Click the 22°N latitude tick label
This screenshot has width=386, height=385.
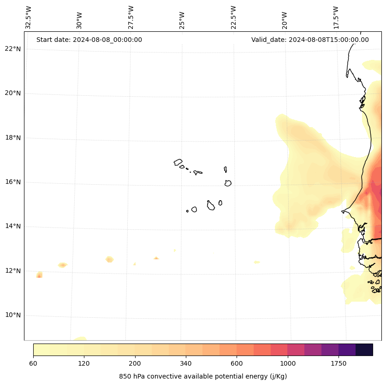[12, 49]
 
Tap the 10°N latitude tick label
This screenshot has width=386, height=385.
[12, 315]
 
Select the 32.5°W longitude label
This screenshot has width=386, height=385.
[29, 17]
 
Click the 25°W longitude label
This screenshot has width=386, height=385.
[182, 19]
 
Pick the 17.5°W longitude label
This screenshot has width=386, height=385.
[336, 17]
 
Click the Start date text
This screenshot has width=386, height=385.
[89, 40]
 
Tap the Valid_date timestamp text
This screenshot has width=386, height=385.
[310, 40]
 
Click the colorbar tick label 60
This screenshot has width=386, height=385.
[33, 363]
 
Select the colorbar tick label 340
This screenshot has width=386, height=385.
[186, 363]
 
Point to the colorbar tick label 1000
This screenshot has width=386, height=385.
[288, 363]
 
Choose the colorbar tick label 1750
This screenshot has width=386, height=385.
[338, 363]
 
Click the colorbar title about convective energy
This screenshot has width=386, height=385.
[203, 376]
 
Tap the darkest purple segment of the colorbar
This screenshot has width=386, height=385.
[364, 350]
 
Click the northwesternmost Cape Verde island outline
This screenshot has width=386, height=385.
[178, 162]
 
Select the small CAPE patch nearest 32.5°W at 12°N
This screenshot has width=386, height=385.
[39, 275]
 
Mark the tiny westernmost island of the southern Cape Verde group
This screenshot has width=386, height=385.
[187, 211]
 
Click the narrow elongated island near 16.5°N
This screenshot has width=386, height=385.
[226, 169]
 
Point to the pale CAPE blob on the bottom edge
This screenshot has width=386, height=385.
[80, 338]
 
